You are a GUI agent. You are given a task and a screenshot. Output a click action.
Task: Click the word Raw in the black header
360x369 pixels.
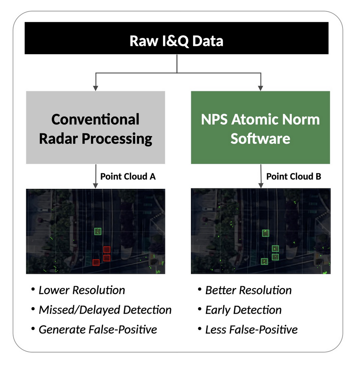click(x=144, y=41)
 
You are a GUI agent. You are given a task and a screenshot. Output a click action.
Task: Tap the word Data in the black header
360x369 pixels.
click(x=207, y=41)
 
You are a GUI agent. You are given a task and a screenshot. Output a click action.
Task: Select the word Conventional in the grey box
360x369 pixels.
click(x=95, y=119)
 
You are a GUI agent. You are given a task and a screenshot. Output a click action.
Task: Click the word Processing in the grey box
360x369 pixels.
click(x=117, y=139)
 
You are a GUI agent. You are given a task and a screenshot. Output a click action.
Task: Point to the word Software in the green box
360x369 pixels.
click(x=260, y=138)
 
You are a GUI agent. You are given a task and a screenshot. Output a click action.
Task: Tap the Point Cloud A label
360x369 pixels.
click(x=128, y=176)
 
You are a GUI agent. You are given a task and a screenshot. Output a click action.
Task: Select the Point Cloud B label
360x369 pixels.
click(x=293, y=176)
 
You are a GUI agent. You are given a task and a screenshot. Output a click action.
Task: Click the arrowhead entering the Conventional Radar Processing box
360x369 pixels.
click(x=95, y=88)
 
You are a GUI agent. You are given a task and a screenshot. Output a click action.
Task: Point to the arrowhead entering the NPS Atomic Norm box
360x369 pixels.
click(x=261, y=88)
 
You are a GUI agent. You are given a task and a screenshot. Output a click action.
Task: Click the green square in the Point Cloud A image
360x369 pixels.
click(x=98, y=231)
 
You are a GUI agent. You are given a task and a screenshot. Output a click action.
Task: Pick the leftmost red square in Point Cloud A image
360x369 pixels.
click(x=96, y=262)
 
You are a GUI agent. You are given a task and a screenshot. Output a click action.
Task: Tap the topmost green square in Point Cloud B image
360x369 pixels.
click(x=266, y=233)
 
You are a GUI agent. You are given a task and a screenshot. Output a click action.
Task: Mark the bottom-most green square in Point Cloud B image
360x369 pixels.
click(x=264, y=261)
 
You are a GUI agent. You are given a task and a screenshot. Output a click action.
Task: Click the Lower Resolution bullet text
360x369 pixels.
click(x=82, y=290)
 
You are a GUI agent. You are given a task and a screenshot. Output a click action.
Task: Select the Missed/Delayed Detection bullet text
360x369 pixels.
click(x=105, y=310)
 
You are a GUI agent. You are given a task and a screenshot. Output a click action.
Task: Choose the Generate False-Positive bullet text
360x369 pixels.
click(x=98, y=330)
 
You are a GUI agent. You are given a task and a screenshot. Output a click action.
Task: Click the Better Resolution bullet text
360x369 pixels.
click(x=249, y=290)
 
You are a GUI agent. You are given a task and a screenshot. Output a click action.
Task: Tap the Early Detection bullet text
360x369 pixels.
click(x=243, y=310)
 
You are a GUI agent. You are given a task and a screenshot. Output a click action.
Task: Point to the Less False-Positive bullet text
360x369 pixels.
click(x=252, y=330)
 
